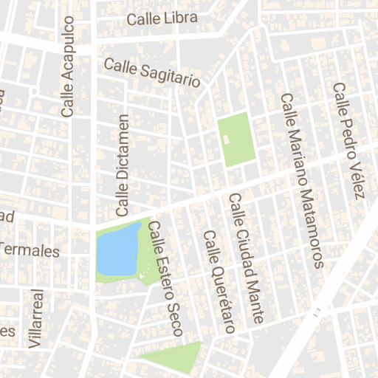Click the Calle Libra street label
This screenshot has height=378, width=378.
pos(162,18)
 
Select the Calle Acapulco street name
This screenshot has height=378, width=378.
pos(68,67)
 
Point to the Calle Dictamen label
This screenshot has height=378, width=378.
pos(123,161)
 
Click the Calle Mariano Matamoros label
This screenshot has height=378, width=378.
pos(302,179)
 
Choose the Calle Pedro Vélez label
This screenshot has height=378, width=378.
pos(349,140)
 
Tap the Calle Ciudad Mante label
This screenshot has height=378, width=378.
pos(247,258)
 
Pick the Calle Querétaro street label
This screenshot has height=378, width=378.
pos(219,282)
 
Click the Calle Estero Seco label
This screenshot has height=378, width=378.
pos(166,279)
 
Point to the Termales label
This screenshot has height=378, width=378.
pos(30,251)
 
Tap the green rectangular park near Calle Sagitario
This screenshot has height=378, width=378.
pos(236,140)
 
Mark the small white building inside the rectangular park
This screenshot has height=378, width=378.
pos(227,138)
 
